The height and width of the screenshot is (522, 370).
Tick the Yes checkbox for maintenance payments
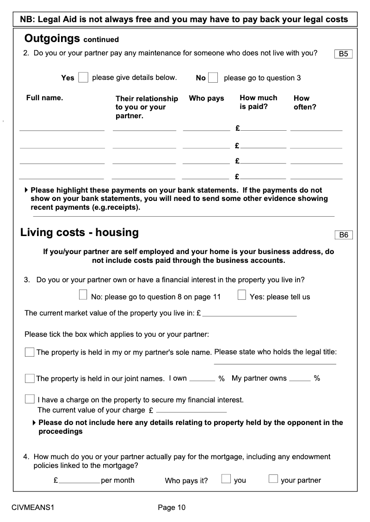[x=83, y=78]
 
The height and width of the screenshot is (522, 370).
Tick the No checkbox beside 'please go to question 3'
[x=213, y=78]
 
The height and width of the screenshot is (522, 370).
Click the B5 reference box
[x=343, y=54]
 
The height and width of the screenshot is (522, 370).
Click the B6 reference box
[x=343, y=235]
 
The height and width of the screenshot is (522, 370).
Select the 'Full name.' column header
[x=45, y=98]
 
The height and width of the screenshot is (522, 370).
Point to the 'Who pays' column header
[x=206, y=98]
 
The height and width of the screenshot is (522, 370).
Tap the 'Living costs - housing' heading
[x=80, y=232]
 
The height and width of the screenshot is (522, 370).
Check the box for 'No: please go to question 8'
[x=83, y=295]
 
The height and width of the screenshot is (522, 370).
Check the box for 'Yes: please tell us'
[x=242, y=295]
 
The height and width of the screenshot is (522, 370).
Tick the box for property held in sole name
[x=30, y=352]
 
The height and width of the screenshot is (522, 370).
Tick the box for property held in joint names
[x=30, y=379]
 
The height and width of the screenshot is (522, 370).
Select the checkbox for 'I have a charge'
[x=30, y=399]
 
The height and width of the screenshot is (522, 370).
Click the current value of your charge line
[x=191, y=411]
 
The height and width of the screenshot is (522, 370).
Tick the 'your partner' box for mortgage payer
[x=273, y=479]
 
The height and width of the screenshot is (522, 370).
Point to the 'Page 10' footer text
[x=172, y=508]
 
